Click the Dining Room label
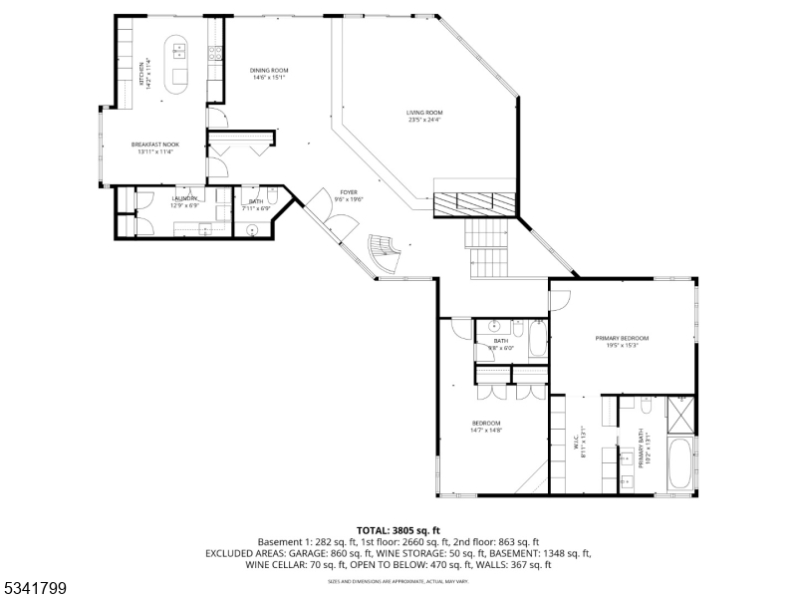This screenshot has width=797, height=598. [x=269, y=70]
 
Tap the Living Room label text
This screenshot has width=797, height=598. [x=423, y=113]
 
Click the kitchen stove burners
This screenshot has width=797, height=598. [x=214, y=58]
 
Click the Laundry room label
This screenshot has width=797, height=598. [x=185, y=198]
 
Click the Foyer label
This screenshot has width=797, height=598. [x=349, y=192]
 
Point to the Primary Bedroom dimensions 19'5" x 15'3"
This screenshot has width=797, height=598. [x=616, y=345]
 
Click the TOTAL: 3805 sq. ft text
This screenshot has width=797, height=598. [x=398, y=529]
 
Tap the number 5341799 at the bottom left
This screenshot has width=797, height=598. [x=34, y=588]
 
